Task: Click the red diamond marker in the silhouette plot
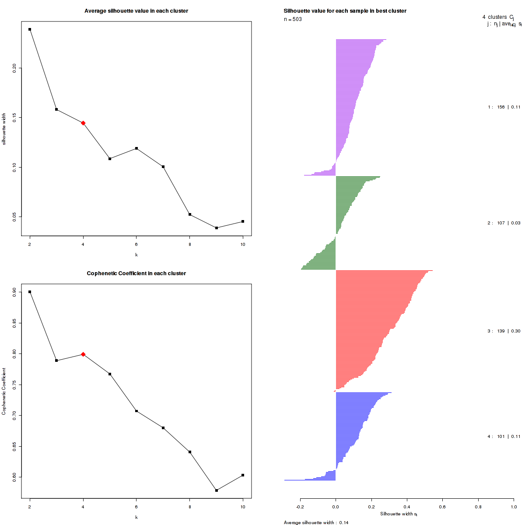coord(83,123)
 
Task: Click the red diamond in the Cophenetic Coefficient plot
coord(83,354)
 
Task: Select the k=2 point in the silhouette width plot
coord(30,29)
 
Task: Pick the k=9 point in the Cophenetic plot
coord(217,490)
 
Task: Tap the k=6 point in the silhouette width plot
coord(136,148)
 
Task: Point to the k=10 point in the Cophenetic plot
coord(243,475)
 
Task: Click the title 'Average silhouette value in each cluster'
coord(136,11)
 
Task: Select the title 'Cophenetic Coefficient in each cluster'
coord(136,273)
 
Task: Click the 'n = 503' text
coord(293,19)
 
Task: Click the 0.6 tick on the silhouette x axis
coord(442,507)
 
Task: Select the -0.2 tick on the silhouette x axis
coord(300,507)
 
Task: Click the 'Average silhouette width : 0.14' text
coord(316,522)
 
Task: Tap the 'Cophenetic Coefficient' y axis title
coord(4,392)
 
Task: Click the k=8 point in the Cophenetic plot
coord(190,452)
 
